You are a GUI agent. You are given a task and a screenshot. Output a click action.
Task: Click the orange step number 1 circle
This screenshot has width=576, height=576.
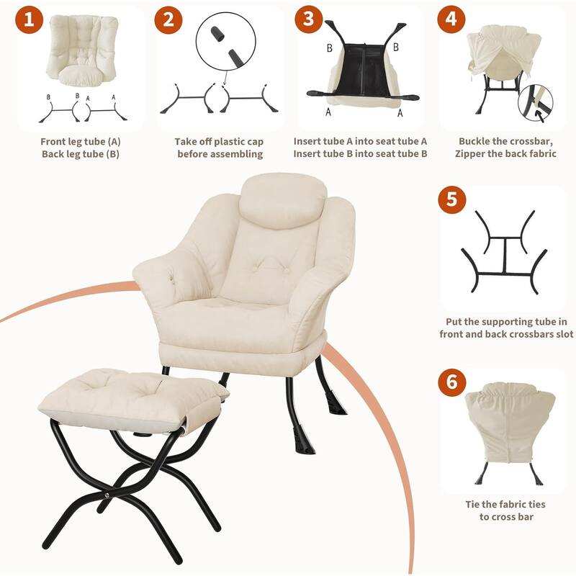(30, 19)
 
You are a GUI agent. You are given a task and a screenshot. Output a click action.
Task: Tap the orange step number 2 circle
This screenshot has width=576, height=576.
(168, 19)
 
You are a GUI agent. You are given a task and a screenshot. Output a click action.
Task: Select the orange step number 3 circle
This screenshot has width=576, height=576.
(309, 19)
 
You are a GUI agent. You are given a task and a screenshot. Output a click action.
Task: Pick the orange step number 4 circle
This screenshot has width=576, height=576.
(451, 19)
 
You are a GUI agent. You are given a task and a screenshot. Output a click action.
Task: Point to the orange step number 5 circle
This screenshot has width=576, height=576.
(452, 199)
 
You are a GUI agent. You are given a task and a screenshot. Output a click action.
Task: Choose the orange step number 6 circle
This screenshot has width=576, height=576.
(452, 382)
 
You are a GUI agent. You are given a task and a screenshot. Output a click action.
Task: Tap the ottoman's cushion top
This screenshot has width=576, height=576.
(132, 393)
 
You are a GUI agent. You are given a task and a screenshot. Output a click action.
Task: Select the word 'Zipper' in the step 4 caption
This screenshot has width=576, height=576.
(470, 153)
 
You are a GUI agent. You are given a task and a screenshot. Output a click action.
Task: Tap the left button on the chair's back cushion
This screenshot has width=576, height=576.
(254, 269)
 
